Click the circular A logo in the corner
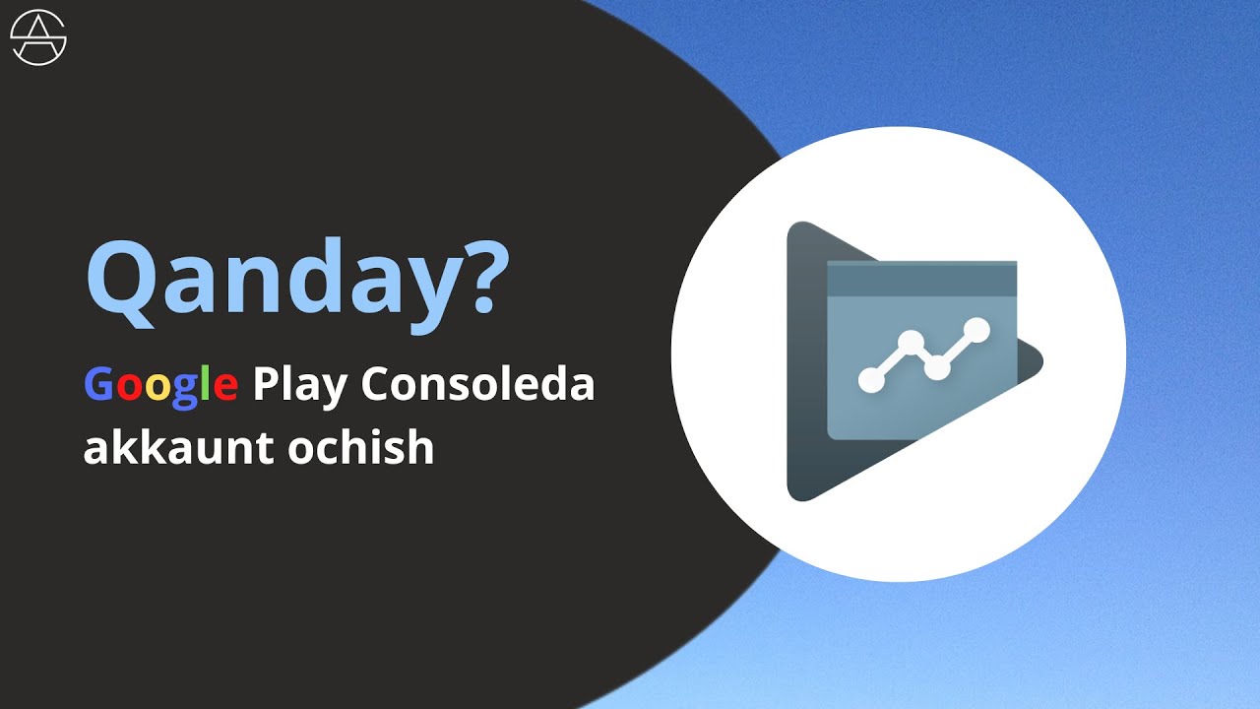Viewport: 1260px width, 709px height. pyautogui.click(x=38, y=38)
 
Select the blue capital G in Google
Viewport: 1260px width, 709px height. pyautogui.click(x=98, y=384)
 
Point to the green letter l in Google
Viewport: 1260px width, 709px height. pyautogui.click(x=207, y=383)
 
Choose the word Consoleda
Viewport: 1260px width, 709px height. pyautogui.click(x=477, y=384)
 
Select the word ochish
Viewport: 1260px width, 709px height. pyautogui.click(x=361, y=448)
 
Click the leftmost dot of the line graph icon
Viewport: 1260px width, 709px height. pyautogui.click(x=871, y=379)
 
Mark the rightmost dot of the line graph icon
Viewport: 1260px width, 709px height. pyautogui.click(x=976, y=330)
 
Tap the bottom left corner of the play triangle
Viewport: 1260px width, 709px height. pyautogui.click(x=796, y=491)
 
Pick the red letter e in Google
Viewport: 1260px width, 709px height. pyautogui.click(x=224, y=387)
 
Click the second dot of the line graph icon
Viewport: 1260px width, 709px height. pyautogui.click(x=912, y=343)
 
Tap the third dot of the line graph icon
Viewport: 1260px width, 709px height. pyautogui.click(x=937, y=367)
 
